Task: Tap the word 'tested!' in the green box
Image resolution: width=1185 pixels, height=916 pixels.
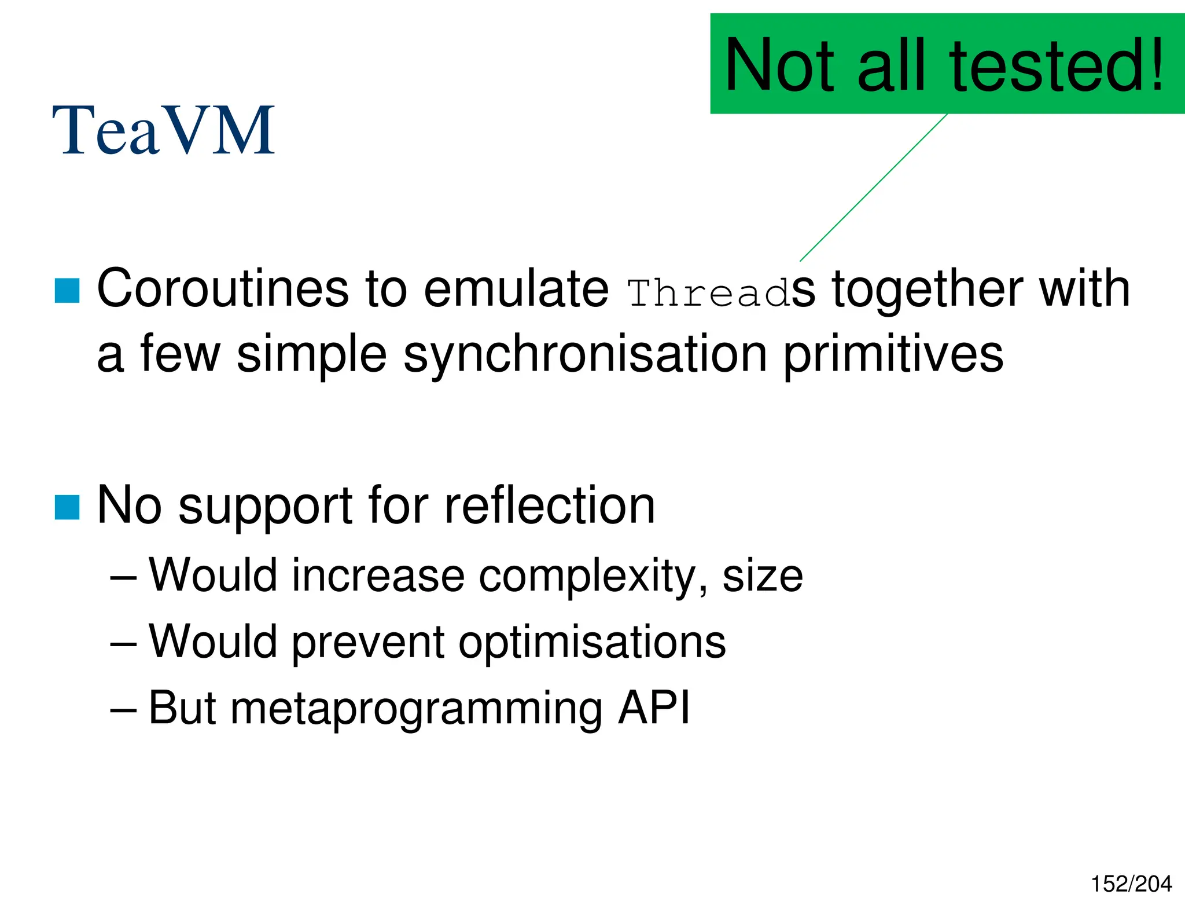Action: [1056, 65]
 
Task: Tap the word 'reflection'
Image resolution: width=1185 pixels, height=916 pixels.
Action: [550, 505]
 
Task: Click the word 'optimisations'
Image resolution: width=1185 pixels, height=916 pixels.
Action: [592, 642]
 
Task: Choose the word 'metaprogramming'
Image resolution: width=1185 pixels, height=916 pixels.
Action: [416, 709]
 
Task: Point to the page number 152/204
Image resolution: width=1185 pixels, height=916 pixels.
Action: [1131, 884]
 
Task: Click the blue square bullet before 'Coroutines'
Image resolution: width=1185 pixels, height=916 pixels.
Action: [67, 291]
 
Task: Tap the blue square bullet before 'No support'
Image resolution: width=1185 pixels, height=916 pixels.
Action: [67, 508]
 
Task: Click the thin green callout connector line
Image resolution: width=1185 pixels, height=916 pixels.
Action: [874, 188]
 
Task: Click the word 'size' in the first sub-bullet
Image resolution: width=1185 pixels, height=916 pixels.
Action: [763, 577]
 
